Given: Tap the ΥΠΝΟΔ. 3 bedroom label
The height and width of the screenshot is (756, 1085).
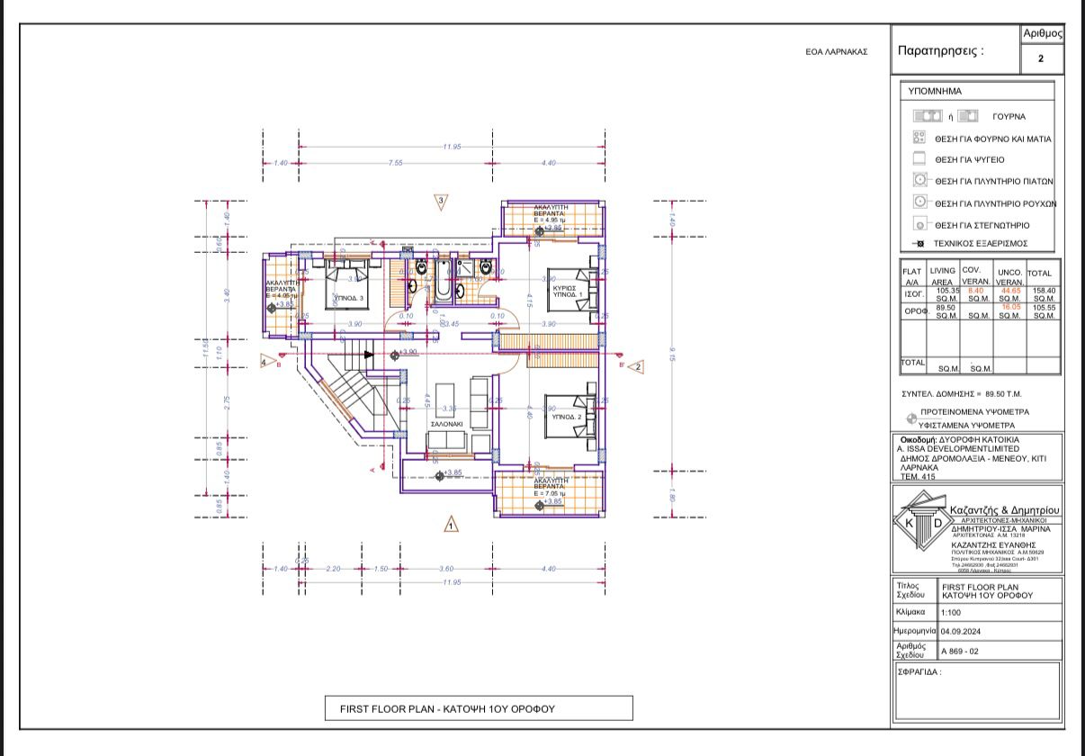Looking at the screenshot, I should point(348,298).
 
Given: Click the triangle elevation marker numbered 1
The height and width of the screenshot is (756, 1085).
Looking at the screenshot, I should point(451,523).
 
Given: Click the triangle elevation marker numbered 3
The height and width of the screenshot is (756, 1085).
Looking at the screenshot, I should point(441,202).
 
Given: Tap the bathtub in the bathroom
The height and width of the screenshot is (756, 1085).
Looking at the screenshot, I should point(444,280).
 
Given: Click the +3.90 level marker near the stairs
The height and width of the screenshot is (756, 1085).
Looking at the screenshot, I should point(409,353).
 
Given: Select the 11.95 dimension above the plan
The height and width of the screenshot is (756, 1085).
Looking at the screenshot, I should point(452,147).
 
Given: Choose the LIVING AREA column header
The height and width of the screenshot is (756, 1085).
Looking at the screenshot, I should point(943,276).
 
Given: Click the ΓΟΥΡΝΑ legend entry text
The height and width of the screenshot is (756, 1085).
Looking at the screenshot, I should point(1009,117).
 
